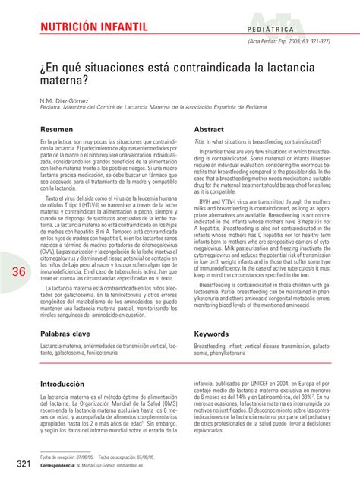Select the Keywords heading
(x=212, y=334)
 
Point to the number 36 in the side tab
(x=18, y=252)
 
